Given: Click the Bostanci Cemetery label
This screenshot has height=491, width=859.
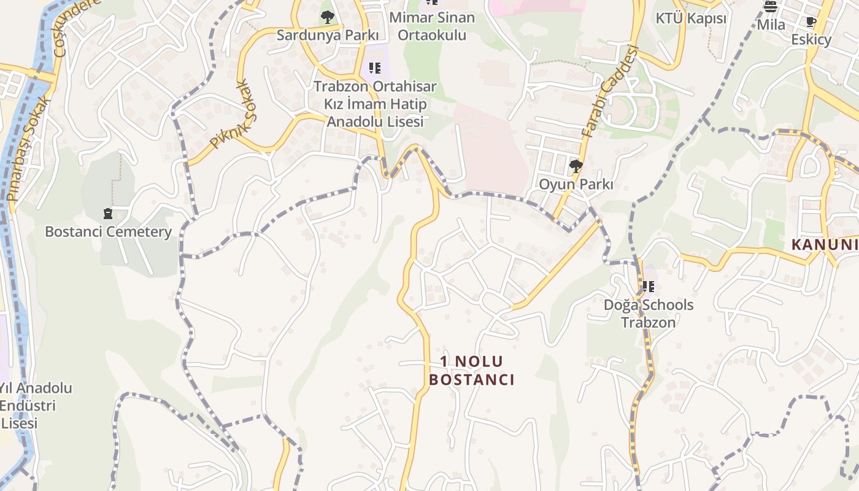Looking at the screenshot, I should point(108,232).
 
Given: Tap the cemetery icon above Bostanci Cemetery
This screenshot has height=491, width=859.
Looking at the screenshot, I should point(108,214).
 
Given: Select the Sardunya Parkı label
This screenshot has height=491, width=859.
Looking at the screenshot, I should point(327,35).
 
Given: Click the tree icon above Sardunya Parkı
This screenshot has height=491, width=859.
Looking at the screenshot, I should point(328,17).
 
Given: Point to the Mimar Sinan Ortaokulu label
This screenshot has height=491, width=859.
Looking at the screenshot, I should point(432,26).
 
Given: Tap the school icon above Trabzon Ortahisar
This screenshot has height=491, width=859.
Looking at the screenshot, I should point(374,68).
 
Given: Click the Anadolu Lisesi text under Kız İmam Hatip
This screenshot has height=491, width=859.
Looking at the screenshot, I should point(375,122).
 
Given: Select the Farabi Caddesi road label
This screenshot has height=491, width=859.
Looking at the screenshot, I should point(610,92).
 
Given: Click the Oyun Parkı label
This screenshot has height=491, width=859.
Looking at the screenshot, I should point(576,184).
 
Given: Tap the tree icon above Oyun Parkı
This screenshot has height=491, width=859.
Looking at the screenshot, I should point(576,166).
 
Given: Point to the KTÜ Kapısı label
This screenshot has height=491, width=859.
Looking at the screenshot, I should point(691,18).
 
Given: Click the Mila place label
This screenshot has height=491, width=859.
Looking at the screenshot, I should point(771,25).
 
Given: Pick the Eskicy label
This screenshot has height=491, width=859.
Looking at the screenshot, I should point(811,40).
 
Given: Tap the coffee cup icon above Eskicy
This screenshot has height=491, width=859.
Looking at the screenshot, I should point(811,22).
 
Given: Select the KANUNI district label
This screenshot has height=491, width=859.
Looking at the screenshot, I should point(824,245).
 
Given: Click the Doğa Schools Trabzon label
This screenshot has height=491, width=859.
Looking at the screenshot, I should point(649,314).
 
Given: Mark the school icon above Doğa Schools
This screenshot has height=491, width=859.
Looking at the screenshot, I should point(649,286).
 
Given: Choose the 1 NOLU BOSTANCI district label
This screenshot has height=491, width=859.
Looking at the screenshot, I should point(471,371).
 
